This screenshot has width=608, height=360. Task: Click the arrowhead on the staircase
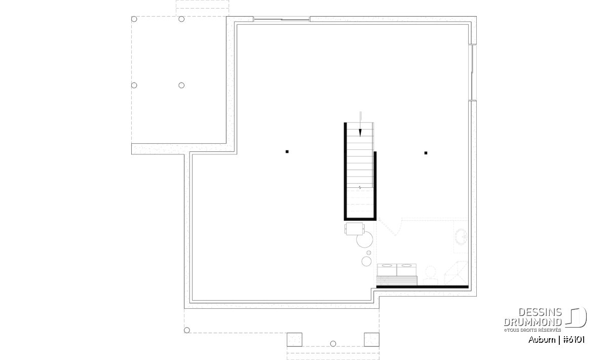point(360,132)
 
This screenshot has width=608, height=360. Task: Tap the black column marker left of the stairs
point(287,152)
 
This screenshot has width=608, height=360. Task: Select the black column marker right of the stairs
point(426,153)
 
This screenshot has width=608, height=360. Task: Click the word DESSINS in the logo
point(540,312)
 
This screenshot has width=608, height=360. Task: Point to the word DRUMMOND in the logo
point(533,322)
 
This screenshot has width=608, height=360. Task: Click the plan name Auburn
point(542,340)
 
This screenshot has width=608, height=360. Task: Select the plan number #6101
point(574,340)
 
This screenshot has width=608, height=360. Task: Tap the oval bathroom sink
point(462,236)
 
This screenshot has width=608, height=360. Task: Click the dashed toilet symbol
point(431,275)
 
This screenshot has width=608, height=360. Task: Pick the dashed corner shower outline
point(456,273)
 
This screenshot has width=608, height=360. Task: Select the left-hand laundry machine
point(387,270)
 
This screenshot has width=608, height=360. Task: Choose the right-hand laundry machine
point(406,270)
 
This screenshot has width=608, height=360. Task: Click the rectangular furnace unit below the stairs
point(354,228)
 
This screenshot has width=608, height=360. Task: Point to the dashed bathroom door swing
point(391,227)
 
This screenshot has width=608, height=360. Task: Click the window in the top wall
point(282,19)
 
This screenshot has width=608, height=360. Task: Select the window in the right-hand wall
point(473,72)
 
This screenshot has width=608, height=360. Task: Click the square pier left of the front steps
point(294,340)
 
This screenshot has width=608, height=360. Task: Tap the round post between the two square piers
point(333,344)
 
